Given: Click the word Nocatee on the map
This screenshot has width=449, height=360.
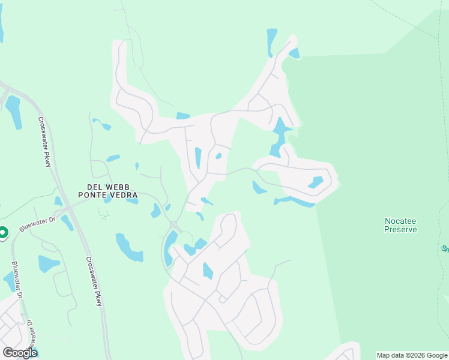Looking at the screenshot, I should point(400,220).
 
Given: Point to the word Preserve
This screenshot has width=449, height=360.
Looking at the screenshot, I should point(400,229).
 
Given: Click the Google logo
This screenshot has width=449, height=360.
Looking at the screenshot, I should point(20,352).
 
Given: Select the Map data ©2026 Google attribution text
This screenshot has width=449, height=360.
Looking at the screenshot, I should point(411,355).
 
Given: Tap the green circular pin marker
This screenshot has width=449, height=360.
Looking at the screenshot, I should point(2,232).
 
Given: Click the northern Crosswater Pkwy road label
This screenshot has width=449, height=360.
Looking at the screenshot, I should point(46,142).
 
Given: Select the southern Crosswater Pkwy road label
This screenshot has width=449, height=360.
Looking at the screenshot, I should point(94,282).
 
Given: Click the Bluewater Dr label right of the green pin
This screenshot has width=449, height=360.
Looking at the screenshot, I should point(37,224).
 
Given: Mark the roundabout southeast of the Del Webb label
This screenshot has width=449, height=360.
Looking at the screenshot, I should point(174,225).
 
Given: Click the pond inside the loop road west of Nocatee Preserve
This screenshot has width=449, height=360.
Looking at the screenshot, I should point(316,182).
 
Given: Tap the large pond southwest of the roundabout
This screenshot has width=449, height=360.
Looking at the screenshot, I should point(128,247).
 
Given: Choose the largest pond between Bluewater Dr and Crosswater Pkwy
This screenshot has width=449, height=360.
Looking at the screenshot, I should point(48,264).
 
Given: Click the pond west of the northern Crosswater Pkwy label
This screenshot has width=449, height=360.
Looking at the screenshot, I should point(13,112).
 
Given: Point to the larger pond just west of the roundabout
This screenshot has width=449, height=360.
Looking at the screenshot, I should point(156,211).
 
